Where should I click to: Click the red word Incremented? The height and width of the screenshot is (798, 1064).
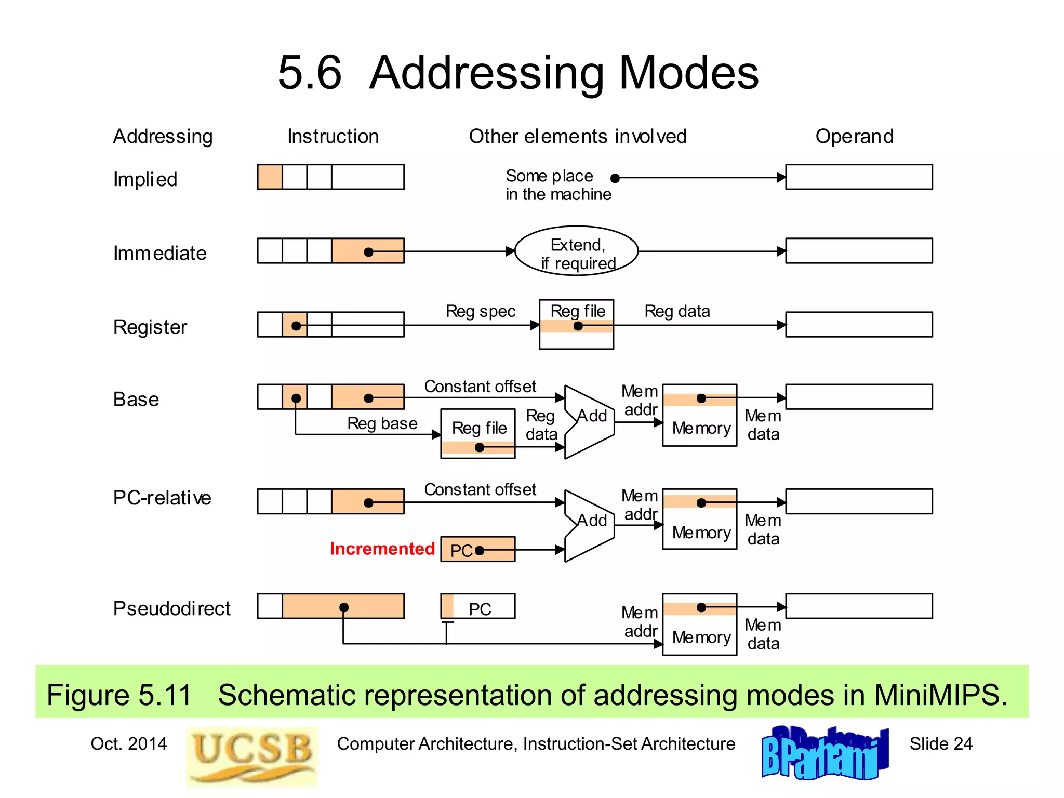tap(382, 549)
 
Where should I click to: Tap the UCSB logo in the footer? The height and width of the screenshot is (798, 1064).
tap(252, 756)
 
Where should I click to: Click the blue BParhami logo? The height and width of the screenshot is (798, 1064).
tap(824, 754)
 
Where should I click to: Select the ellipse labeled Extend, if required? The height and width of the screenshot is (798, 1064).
tap(576, 251)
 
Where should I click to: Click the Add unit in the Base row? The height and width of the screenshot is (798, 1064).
tap(590, 422)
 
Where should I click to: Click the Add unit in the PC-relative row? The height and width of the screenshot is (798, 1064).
tap(590, 526)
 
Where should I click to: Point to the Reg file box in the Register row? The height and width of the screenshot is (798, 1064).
tap(576, 324)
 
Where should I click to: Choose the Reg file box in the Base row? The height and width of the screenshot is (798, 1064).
tap(478, 433)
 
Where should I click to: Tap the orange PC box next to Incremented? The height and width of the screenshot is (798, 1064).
tap(478, 549)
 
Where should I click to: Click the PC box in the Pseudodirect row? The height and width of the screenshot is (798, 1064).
tap(478, 606)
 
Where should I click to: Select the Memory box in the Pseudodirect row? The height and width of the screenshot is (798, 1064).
tap(700, 624)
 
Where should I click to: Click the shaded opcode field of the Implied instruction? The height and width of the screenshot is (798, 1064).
tap(270, 177)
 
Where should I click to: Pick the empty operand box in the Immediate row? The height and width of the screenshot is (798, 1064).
tap(859, 251)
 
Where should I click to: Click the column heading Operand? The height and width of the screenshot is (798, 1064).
tap(854, 136)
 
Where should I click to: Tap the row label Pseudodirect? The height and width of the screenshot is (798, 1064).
tap(171, 608)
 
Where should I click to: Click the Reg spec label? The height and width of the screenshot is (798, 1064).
tap(480, 311)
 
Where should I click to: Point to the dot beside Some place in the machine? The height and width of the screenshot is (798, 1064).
tap(615, 178)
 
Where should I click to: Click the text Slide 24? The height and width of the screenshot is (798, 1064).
tap(940, 743)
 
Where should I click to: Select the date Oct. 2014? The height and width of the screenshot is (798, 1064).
tap(128, 743)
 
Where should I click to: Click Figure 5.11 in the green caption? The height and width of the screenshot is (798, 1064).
tap(119, 695)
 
